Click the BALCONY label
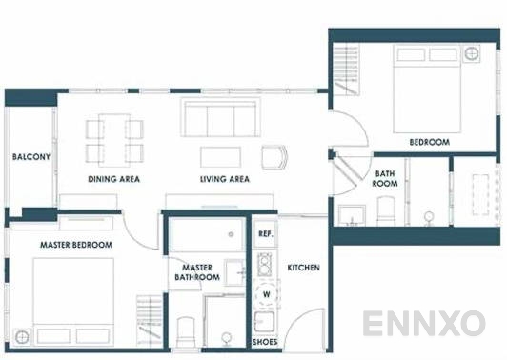(x=30, y=157)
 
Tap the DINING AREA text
(x=114, y=179)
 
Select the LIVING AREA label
(x=225, y=179)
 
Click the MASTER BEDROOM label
(x=76, y=245)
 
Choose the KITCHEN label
(x=303, y=268)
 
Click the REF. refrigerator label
(x=266, y=233)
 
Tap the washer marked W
(x=266, y=293)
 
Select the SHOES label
(x=264, y=340)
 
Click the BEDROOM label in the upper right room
(x=429, y=142)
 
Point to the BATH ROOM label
(x=385, y=178)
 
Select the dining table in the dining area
(x=114, y=139)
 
